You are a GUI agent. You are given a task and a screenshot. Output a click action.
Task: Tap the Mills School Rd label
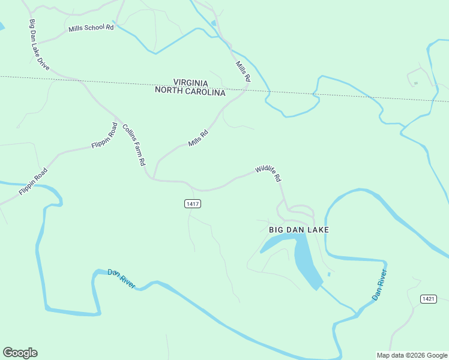tap(91, 28)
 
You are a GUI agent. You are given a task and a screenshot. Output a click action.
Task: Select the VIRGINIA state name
tap(190, 83)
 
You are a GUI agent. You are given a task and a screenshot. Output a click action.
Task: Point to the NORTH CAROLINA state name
tap(190, 92)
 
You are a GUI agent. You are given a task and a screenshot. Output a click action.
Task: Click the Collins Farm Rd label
tap(134, 145)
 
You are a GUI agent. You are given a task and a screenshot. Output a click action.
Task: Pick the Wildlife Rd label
tap(268, 173)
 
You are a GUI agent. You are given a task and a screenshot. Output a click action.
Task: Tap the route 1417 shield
tap(193, 204)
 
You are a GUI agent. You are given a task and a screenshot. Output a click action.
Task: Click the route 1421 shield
tap(428, 299)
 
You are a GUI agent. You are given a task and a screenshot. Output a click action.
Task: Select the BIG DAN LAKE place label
tap(299, 230)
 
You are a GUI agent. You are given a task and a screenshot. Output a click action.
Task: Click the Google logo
tap(20, 353)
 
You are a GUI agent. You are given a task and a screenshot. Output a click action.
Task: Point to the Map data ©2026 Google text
tap(412, 355)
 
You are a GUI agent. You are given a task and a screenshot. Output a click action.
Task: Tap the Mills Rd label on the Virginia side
tap(243, 71)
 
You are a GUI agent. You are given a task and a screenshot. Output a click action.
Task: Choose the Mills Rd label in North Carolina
tap(197, 139)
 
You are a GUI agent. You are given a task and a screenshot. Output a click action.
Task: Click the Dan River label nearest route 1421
tap(379, 285)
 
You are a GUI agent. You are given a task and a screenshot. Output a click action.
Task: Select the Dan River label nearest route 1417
tap(122, 277)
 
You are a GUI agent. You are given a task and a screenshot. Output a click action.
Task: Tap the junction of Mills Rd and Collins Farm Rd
tap(154, 178)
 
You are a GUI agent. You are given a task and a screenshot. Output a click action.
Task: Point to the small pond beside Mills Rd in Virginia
tap(214, 23)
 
